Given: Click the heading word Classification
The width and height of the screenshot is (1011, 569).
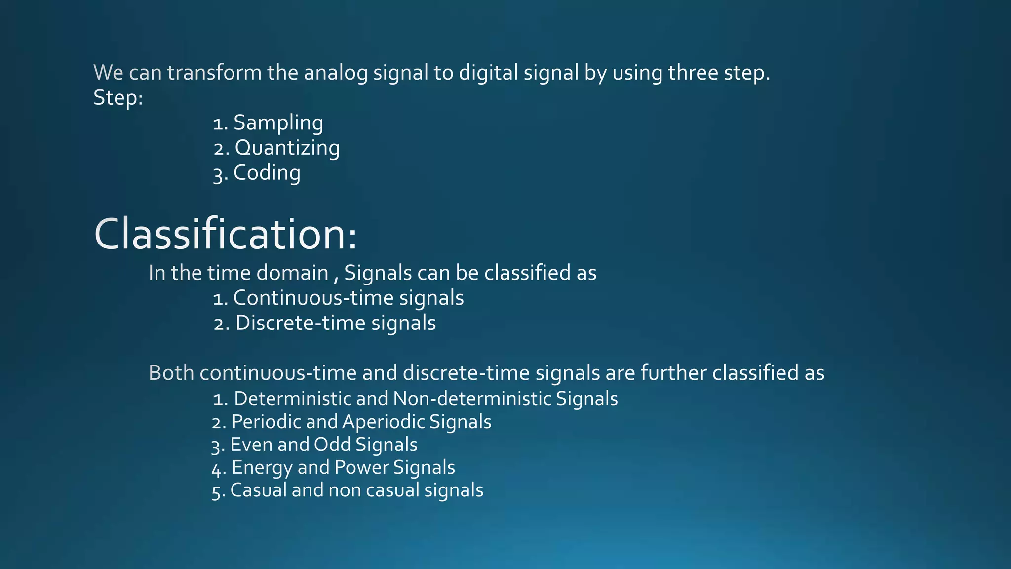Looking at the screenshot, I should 225,234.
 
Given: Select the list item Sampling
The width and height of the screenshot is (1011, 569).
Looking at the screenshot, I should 278,122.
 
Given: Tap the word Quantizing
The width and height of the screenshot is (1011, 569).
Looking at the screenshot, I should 287,148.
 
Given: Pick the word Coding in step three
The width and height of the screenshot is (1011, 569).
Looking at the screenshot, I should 267,173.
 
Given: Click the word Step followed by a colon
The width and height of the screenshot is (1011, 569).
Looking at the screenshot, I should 116,98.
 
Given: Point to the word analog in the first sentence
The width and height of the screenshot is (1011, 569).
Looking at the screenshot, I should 336,73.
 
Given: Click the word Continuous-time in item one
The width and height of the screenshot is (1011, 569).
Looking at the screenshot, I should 313,298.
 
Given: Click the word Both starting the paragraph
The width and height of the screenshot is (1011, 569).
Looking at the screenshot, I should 171,373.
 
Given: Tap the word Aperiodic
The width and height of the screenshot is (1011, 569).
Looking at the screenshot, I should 383,422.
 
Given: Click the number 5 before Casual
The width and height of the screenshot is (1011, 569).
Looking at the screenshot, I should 216,492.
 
